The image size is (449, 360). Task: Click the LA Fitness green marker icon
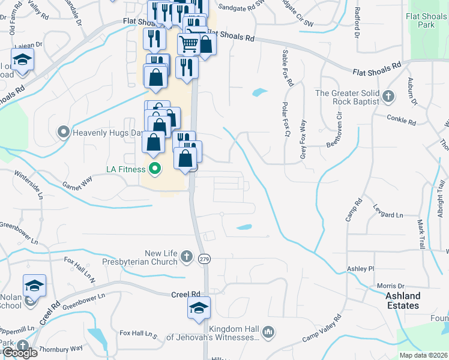coord(155,169)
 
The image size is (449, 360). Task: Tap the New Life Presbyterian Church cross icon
coord(187,257)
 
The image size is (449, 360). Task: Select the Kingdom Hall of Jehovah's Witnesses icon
coord(268,331)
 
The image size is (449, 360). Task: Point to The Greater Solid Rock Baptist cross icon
coord(388,95)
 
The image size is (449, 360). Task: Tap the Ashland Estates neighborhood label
coord(402,301)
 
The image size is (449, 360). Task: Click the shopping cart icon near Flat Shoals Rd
coord(188,43)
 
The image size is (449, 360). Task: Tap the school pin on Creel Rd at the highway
coord(199,308)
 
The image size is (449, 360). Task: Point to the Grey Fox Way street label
coord(303,140)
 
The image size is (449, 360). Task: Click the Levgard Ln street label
coord(387,214)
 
